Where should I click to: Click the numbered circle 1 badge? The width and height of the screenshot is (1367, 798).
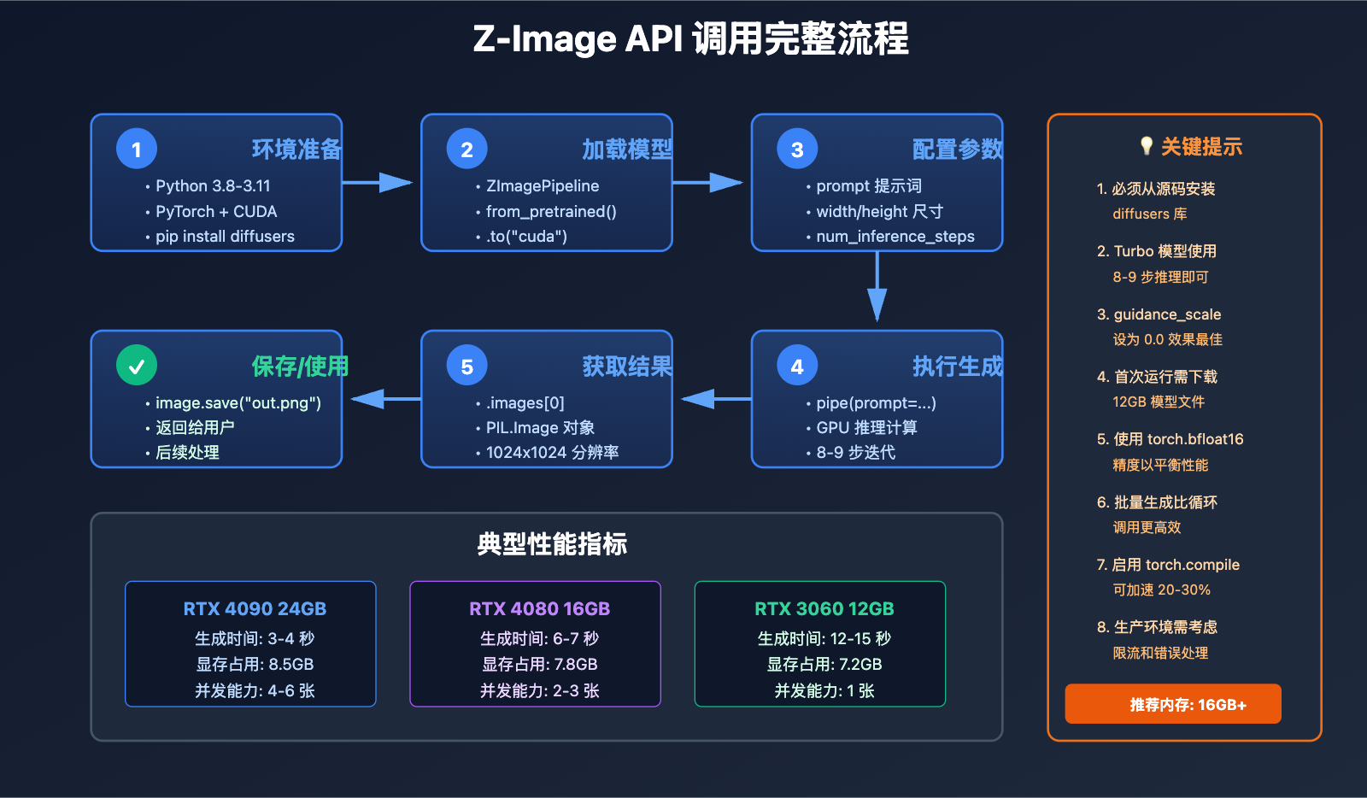[x=137, y=150]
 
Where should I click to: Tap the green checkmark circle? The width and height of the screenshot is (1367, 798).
[x=137, y=366]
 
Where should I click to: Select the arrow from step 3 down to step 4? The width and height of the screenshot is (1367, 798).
[x=877, y=287]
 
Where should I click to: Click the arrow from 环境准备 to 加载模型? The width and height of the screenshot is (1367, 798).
[x=378, y=182]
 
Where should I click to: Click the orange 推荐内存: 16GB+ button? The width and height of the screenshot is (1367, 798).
[x=1172, y=704]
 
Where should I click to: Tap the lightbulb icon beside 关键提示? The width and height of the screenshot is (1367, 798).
[x=1147, y=146]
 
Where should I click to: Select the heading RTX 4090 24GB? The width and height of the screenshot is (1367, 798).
[x=255, y=609]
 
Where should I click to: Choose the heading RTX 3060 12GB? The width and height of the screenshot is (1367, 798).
[x=824, y=609]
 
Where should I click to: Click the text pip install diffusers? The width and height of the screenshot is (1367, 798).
[x=225, y=237]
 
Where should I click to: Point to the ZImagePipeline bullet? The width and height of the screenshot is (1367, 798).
[x=543, y=186]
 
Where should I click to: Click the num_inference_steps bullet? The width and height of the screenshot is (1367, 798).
[x=895, y=237]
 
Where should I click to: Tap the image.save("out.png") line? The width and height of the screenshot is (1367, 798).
[x=238, y=402]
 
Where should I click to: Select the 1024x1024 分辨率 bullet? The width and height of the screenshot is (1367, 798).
[x=552, y=453]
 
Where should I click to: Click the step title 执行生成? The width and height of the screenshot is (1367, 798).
[x=957, y=367]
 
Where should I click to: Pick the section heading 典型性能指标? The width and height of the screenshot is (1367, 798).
[x=552, y=543]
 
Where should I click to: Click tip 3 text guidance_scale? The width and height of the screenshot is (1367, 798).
[x=1167, y=314]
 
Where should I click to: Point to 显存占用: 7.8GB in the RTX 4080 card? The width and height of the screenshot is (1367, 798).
[x=539, y=664]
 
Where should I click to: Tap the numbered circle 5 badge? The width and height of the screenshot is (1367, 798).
[x=466, y=367]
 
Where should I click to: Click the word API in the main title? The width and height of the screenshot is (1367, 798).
[x=654, y=39]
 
